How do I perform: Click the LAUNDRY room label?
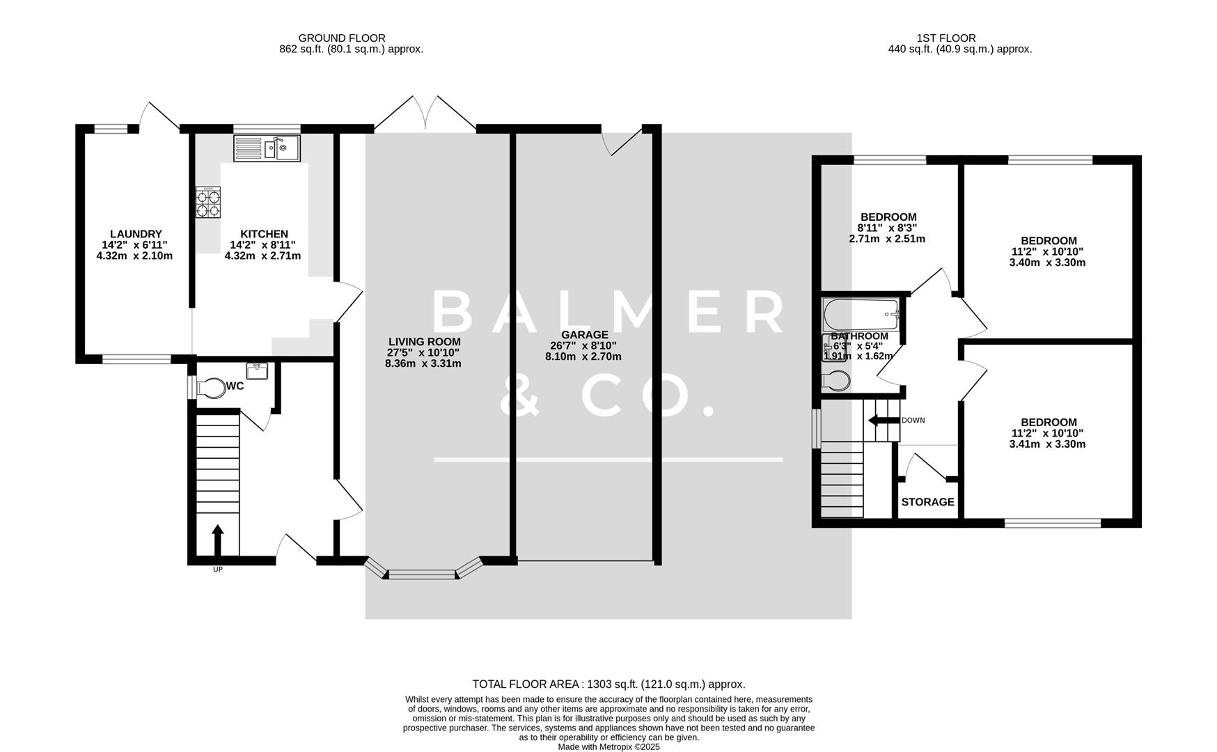(136, 234)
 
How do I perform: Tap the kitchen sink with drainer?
(267, 148)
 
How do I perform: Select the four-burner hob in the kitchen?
(208, 202)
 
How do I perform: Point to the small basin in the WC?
(258, 371)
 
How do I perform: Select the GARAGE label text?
(584, 335)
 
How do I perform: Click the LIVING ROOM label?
(424, 342)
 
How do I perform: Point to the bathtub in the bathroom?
(861, 315)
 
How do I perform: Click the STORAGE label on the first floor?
(927, 502)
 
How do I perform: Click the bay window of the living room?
(423, 574)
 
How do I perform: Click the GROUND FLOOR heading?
(341, 38)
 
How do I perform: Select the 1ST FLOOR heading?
(946, 38)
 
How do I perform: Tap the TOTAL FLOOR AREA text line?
(608, 684)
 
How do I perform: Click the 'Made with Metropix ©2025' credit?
(608, 746)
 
